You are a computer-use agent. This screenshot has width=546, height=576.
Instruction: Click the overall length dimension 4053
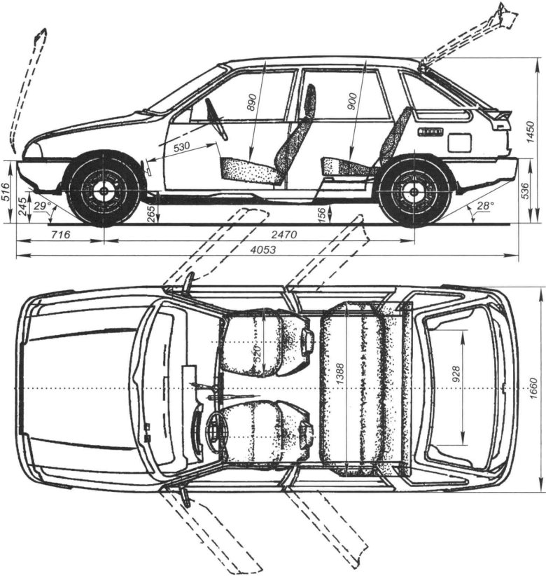[263, 249]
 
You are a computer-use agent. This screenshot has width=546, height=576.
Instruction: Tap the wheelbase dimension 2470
[283, 234]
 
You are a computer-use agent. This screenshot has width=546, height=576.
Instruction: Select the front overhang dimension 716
[60, 234]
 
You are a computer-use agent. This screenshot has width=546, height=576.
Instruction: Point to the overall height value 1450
[531, 131]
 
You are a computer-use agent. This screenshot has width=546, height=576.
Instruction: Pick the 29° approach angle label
[41, 206]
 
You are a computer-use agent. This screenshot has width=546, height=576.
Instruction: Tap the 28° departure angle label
[484, 206]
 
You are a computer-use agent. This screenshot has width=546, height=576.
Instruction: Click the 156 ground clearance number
[322, 214]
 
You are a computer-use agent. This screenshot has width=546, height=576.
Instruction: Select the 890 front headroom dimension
[251, 102]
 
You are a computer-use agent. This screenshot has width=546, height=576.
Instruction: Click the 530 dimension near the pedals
[181, 146]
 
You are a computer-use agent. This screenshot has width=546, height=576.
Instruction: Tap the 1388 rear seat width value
[340, 375]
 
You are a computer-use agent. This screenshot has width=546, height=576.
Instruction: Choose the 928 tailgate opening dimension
[456, 374]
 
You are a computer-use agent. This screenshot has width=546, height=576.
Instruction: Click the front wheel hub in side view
[104, 191]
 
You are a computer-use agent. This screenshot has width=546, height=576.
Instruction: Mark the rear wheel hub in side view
[414, 191]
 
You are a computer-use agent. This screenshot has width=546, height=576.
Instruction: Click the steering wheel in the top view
[215, 429]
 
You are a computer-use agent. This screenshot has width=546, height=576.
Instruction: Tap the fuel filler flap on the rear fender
[459, 142]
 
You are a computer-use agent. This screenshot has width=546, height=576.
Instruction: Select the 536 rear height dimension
[525, 191]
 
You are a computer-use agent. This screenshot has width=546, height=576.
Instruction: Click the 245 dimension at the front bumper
[22, 206]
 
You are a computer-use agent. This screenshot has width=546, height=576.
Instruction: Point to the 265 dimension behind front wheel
[150, 214]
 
